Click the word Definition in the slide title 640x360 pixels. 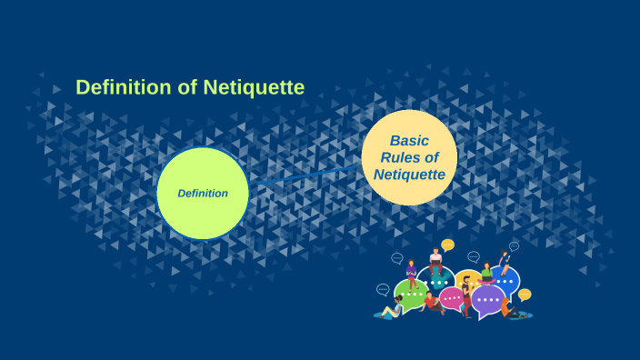[x=123, y=87]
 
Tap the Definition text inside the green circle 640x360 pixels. [x=203, y=193]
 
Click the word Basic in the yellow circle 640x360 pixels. [x=409, y=141]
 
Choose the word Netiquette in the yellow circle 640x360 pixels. [x=409, y=174]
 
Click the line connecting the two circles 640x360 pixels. [x=305, y=175]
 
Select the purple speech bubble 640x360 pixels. [x=488, y=299]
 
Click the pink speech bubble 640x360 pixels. [x=451, y=297]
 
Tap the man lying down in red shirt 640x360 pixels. [x=431, y=302]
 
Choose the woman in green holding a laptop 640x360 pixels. [x=486, y=273]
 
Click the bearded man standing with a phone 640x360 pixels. [x=466, y=295]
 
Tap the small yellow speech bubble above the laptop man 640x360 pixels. [x=447, y=245]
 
